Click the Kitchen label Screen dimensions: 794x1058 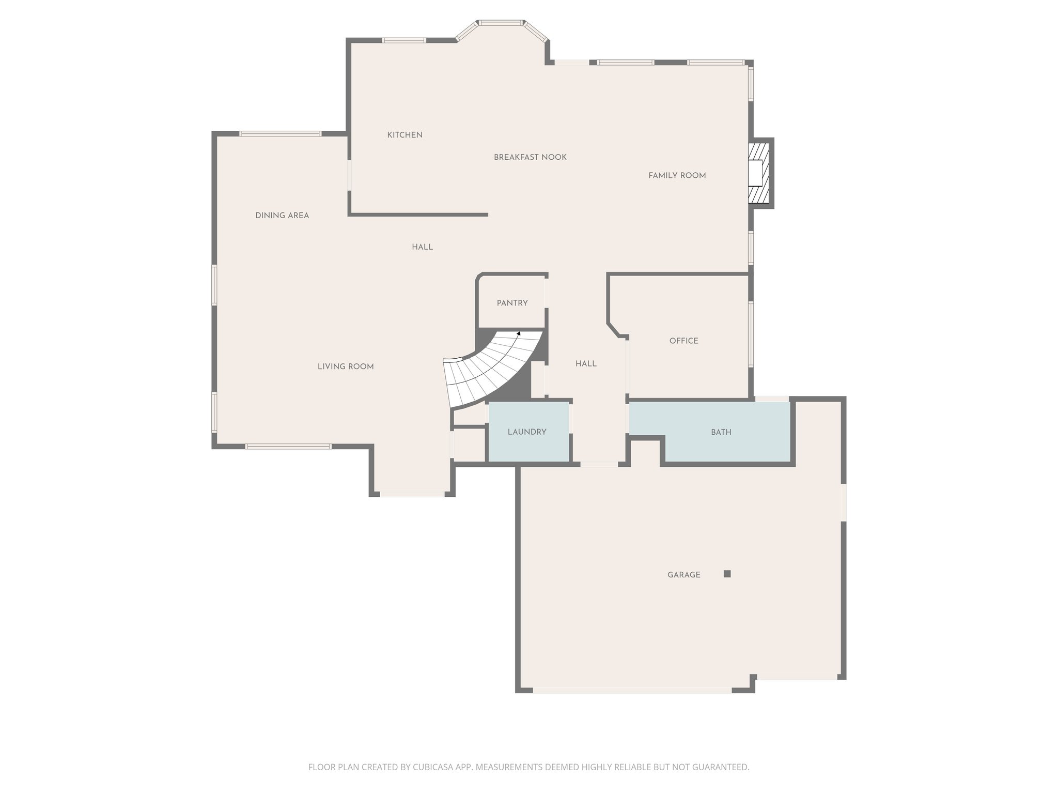point(404,135)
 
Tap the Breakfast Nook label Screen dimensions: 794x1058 point(530,157)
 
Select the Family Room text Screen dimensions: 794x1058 point(677,176)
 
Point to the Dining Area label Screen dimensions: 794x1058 point(282,216)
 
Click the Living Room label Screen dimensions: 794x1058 point(346,367)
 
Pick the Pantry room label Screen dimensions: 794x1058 point(512,303)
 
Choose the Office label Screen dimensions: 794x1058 point(683,341)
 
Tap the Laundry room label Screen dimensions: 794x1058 point(527,432)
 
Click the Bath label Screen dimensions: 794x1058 point(721,432)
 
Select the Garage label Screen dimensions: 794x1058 point(683,575)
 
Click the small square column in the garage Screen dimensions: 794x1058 point(727,574)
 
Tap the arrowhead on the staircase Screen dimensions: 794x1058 point(519,334)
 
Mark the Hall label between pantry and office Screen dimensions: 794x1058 point(586,364)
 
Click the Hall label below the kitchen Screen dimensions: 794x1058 point(422,247)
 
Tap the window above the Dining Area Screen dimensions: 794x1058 point(280,134)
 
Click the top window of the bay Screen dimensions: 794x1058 point(500,23)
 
